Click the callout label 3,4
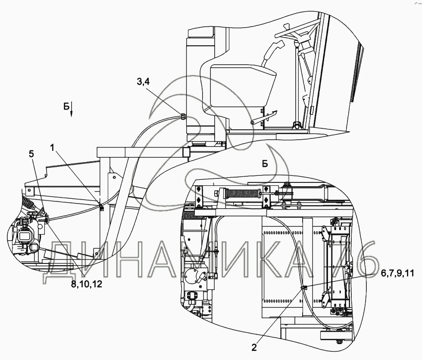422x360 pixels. tap(143, 81)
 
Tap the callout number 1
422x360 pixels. tap(52, 147)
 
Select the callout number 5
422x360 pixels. tap(31, 154)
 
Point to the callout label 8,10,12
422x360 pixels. tap(87, 284)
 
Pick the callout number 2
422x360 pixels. tap(254, 347)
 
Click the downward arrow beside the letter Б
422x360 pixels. tap(72, 111)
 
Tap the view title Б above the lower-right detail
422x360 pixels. tap(265, 163)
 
